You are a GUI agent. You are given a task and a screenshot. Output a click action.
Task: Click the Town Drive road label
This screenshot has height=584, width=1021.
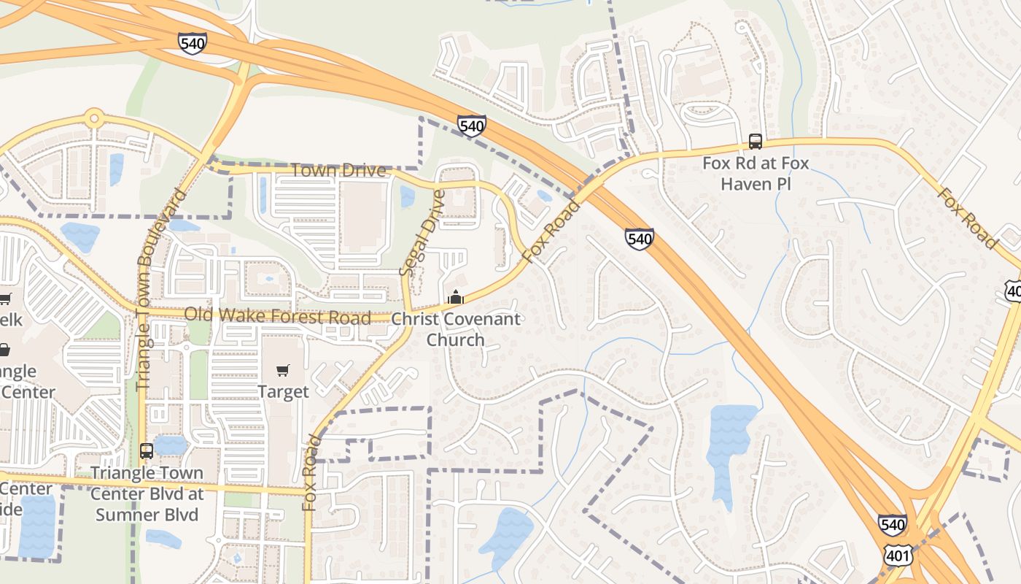(x=338, y=171)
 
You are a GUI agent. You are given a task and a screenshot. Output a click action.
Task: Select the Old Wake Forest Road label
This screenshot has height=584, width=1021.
(x=277, y=316)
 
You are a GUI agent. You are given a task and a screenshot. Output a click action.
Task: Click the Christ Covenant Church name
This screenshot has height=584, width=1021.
(x=456, y=328)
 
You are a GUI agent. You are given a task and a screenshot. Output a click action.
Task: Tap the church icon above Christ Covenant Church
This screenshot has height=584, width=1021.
(x=456, y=297)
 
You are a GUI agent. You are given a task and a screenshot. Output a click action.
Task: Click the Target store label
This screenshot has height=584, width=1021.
(x=283, y=392)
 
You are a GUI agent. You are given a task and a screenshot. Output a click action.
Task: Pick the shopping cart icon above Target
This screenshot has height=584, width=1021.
(x=283, y=370)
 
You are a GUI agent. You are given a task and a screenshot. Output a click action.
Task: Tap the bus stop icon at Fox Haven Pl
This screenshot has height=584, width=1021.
(x=756, y=141)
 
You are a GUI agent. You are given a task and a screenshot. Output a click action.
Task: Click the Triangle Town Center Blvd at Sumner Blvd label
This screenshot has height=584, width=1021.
(x=147, y=493)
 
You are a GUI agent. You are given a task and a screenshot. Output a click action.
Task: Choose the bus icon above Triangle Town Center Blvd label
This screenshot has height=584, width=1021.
(x=147, y=450)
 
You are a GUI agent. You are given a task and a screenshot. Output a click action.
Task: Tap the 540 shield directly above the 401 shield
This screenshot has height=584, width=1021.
(x=893, y=525)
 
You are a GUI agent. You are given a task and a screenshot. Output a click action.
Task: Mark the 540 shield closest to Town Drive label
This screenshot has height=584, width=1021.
(x=472, y=126)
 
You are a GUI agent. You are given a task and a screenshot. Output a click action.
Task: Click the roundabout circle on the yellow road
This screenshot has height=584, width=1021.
(x=93, y=118)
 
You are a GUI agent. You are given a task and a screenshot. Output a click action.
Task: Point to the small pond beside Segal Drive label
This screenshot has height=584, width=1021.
(x=407, y=196)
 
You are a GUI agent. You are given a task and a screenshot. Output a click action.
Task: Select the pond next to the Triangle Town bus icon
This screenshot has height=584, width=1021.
(x=171, y=444)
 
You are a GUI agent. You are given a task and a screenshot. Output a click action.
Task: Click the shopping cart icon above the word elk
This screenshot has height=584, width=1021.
(x=4, y=299)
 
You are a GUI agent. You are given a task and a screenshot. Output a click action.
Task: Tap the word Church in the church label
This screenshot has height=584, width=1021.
(x=456, y=339)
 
